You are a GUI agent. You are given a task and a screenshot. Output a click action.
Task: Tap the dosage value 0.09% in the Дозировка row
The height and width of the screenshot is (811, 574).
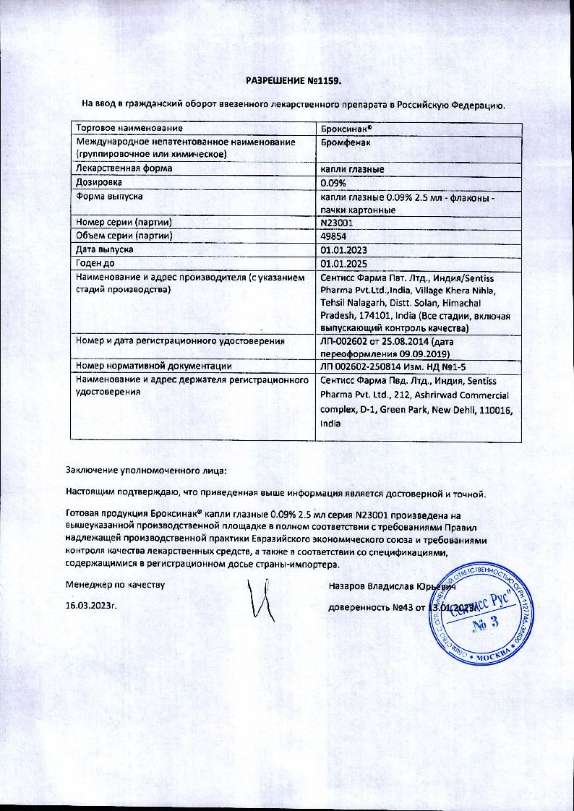point(333,183)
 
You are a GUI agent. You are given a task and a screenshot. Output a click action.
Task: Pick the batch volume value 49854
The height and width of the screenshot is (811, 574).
point(333,236)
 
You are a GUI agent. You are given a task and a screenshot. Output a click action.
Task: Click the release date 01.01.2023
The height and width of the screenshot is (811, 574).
point(343,249)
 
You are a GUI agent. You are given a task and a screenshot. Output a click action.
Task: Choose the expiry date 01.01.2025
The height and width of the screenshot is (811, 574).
point(343,263)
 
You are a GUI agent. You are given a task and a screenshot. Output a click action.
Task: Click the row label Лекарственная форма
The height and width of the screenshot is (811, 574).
point(124,169)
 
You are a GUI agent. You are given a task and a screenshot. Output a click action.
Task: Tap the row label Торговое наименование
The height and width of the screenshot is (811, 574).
point(125,128)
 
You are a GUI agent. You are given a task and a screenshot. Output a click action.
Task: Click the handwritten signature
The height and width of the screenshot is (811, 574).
point(259,598)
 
